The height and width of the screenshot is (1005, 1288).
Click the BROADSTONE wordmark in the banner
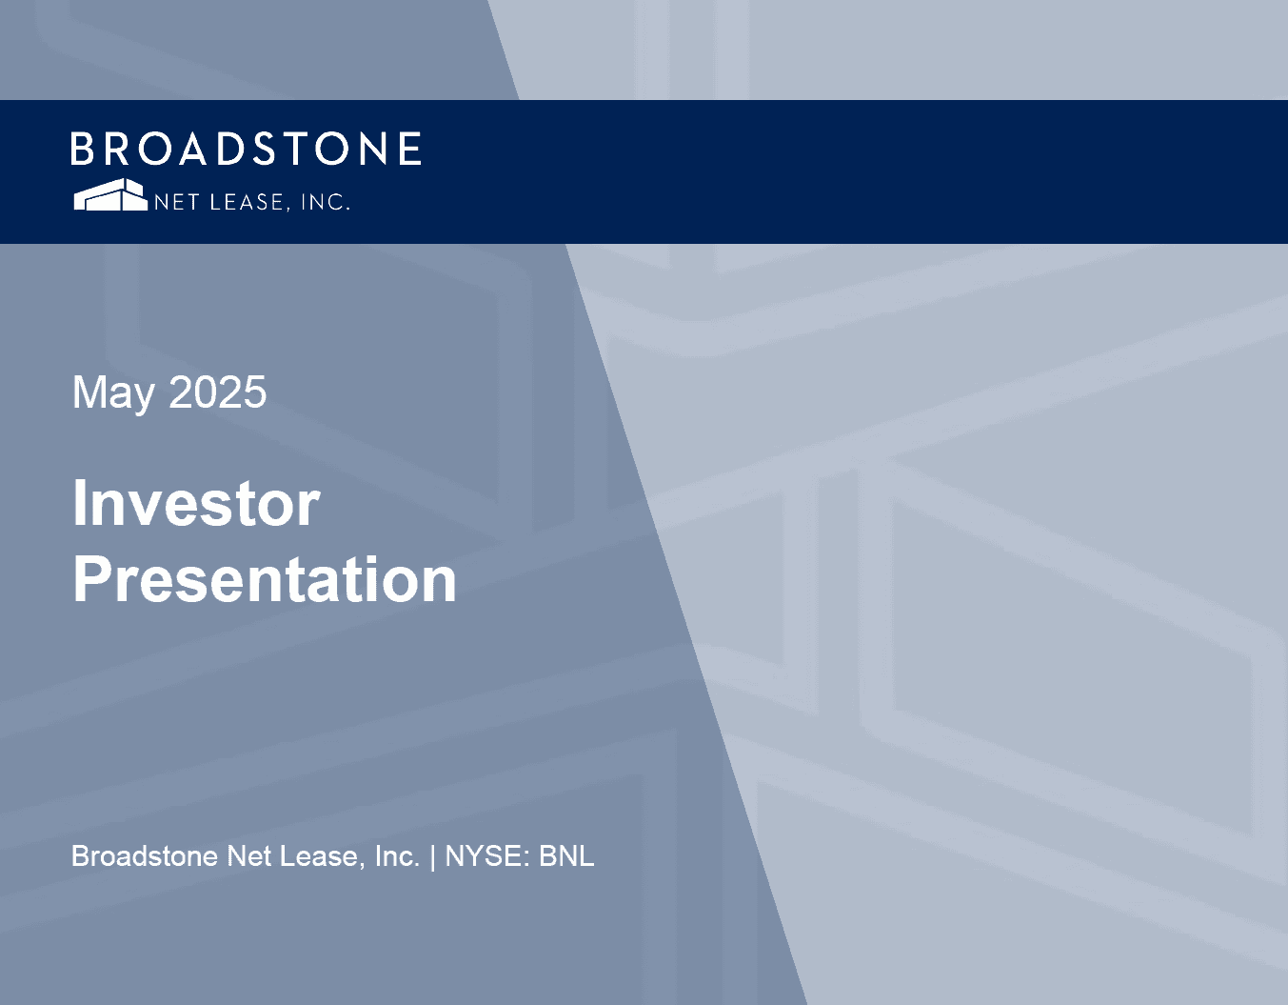[246, 149]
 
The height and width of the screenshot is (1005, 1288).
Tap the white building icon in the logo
[110, 194]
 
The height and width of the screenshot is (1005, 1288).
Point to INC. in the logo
[326, 202]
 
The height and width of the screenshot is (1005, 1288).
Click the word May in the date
[113, 393]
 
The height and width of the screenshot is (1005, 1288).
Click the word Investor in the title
[196, 503]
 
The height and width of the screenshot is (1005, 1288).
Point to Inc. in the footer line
[397, 856]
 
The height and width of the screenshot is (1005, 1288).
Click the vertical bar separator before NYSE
[433, 858]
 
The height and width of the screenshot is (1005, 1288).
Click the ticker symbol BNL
[566, 856]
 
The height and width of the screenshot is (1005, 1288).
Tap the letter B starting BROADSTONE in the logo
[83, 149]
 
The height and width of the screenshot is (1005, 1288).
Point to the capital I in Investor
[79, 503]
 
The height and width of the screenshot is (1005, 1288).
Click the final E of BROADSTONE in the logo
[410, 149]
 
